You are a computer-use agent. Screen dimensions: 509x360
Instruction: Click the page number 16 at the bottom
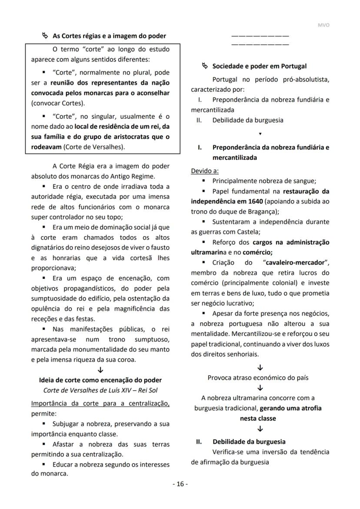180,484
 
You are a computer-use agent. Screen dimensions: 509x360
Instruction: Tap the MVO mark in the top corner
323,25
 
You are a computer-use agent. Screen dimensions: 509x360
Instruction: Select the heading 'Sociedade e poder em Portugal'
259,66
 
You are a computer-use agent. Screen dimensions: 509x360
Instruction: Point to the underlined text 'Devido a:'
205,171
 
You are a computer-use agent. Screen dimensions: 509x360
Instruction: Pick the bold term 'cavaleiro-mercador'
294,263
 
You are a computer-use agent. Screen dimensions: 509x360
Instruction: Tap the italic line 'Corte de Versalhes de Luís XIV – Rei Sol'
100,390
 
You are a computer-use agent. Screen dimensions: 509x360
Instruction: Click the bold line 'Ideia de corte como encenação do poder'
100,380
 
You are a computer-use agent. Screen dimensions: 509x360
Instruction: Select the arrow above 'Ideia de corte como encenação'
100,370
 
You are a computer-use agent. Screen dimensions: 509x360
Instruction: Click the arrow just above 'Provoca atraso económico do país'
260,368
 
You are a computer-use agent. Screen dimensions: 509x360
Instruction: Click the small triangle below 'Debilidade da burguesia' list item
260,134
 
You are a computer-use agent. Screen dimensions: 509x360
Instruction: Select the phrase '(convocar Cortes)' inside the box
58,104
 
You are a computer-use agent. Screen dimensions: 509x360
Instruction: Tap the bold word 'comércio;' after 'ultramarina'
258,252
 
